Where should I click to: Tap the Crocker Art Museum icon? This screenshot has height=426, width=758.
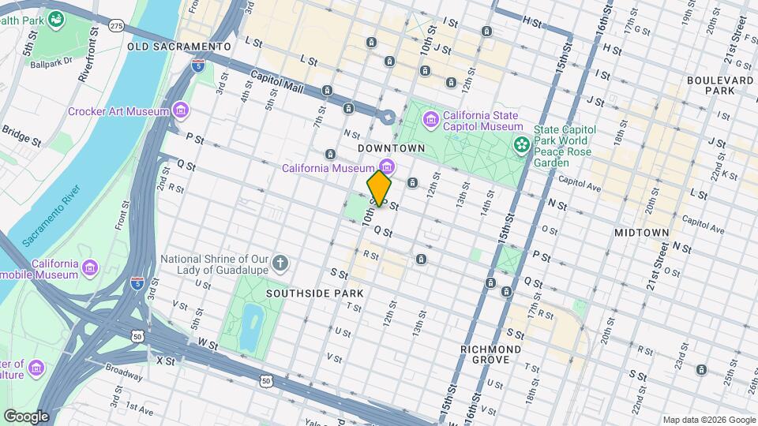[x=182, y=110]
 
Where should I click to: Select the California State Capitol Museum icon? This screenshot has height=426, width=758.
[x=431, y=119]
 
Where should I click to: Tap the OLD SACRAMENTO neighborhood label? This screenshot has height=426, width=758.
[x=178, y=47]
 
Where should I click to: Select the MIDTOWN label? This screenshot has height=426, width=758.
[x=642, y=233]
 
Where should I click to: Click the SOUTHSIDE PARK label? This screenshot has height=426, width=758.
[x=314, y=293]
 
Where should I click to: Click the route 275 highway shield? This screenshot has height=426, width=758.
[x=117, y=26]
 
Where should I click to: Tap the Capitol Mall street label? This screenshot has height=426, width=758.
[x=276, y=82]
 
